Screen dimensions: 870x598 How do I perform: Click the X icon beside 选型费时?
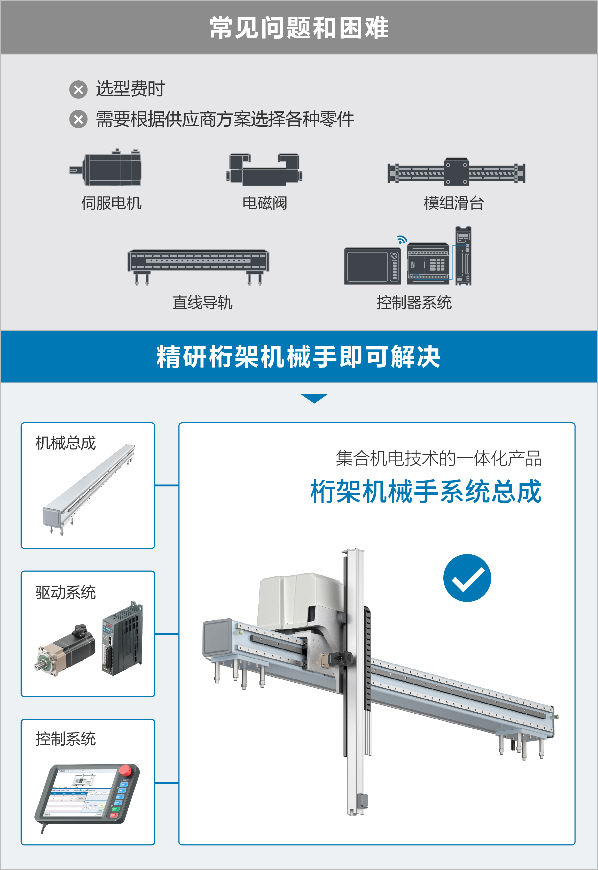[78, 90]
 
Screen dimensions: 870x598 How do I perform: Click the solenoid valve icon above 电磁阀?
[264, 170]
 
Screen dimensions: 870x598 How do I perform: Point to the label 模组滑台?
[454, 203]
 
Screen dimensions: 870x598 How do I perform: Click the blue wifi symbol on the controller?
[402, 239]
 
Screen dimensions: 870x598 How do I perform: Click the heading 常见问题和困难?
[299, 28]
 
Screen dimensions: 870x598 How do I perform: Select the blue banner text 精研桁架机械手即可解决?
[299, 357]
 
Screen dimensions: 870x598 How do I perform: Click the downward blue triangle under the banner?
[314, 398]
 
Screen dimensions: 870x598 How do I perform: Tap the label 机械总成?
[66, 443]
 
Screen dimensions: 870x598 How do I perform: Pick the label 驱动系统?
[66, 592]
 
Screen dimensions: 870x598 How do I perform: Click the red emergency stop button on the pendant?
[125, 770]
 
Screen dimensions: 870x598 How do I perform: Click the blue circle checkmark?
[467, 578]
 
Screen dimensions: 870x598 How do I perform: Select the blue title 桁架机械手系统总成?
[426, 491]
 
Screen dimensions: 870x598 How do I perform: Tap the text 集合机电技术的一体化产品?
[438, 458]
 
